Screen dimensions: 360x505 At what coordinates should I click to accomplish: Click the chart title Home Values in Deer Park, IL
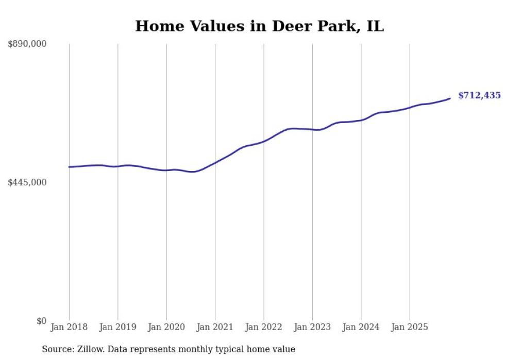tap(259, 26)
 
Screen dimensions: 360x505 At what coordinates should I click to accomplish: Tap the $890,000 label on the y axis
tap(27, 44)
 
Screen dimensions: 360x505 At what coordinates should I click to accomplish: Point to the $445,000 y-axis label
tap(27, 182)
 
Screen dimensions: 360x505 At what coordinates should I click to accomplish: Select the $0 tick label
tap(41, 321)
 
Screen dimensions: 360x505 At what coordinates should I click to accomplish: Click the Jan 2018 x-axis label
tap(69, 327)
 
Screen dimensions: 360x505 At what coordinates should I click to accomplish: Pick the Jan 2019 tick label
tap(117, 327)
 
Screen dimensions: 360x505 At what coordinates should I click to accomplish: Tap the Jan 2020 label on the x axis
tap(166, 327)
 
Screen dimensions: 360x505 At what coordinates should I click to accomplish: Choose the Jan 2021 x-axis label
tap(215, 327)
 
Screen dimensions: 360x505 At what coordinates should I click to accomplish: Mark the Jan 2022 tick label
tap(264, 327)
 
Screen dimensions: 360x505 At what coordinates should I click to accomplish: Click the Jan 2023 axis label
tap(312, 327)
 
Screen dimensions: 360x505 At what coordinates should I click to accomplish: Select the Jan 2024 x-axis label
tap(361, 327)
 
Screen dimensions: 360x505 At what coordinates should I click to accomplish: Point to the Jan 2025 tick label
tap(410, 327)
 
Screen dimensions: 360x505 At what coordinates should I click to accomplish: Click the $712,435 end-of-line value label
tap(479, 96)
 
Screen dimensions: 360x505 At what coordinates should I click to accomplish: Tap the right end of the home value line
tap(450, 98)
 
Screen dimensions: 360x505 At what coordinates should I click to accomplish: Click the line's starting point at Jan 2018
tap(69, 167)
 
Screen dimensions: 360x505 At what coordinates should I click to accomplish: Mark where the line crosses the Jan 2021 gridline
tap(215, 162)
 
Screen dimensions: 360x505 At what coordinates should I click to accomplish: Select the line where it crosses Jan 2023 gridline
tap(312, 129)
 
